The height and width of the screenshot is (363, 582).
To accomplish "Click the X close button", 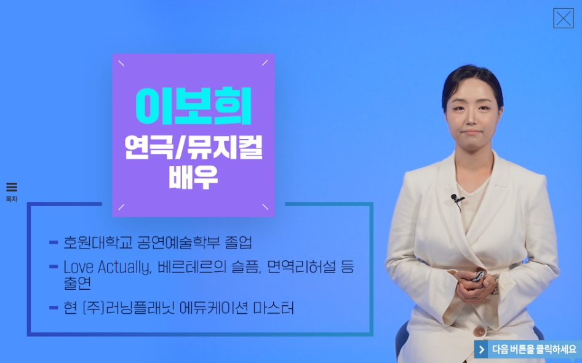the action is coord(563,18).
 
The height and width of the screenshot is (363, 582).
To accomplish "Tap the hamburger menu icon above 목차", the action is coord(12,187).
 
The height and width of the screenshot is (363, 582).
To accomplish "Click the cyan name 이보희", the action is coord(193,106).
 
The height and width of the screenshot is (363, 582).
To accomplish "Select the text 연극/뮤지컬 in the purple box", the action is coord(193,148).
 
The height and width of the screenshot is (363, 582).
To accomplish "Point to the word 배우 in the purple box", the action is coord(193,178).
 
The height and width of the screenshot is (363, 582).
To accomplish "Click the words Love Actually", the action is coord(107,267).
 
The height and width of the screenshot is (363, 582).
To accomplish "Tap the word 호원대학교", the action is coord(98,243).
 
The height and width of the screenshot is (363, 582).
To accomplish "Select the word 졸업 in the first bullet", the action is coord(238,243).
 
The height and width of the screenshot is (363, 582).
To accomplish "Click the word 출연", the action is coord(77,283).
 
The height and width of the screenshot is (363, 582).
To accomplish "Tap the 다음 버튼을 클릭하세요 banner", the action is coord(527,349).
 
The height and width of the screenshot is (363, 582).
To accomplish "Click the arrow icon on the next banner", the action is coord(482,349).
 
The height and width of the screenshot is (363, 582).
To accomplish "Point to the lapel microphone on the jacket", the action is coord(455,199).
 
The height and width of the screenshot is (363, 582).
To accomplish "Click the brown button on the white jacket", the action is coord(479,331).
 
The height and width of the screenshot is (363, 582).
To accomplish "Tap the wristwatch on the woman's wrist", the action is coord(495,284).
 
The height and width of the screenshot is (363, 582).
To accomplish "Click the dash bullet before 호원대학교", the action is coord(54,243).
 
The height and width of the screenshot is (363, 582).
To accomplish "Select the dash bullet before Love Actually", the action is coord(54,266).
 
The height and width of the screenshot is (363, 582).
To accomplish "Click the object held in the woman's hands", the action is coord(479,276).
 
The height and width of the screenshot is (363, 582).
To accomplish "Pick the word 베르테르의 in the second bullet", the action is coord(192,267).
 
